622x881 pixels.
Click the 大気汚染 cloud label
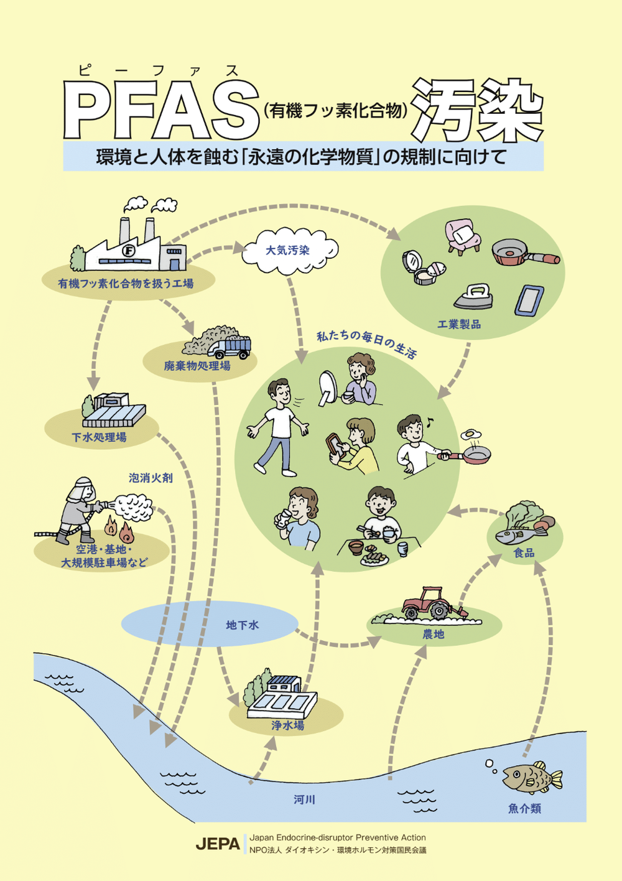click(x=287, y=250)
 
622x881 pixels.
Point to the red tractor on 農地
click(x=429, y=603)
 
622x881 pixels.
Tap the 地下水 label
click(x=243, y=625)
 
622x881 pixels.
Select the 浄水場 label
click(x=287, y=725)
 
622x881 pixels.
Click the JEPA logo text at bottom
click(x=218, y=844)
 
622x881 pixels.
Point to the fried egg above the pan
click(x=470, y=434)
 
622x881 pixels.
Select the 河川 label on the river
click(x=304, y=799)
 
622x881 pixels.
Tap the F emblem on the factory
click(x=129, y=250)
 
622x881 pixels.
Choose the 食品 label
click(x=524, y=552)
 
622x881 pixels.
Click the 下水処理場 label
click(x=99, y=437)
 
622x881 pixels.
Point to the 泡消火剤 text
click(x=151, y=478)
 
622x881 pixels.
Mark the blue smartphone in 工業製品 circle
click(x=529, y=300)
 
